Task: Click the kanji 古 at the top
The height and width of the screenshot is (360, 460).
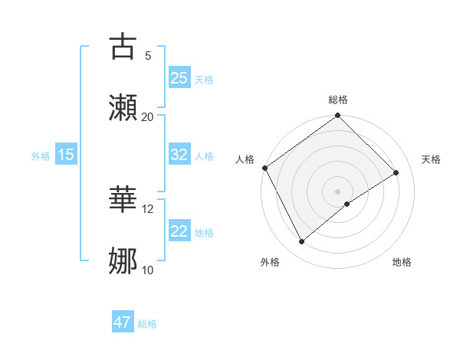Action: tap(123, 46)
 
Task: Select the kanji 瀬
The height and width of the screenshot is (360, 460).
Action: tap(123, 106)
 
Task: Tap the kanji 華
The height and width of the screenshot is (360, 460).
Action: tap(123, 200)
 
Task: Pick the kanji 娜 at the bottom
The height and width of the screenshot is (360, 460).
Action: tap(123, 260)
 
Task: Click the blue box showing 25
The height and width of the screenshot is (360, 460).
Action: tap(179, 78)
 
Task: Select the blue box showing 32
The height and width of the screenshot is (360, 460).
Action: tap(179, 155)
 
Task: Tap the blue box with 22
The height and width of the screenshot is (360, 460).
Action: tap(179, 231)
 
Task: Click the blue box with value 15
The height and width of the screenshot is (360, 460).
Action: tap(66, 155)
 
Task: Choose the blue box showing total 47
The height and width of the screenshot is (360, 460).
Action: tap(123, 322)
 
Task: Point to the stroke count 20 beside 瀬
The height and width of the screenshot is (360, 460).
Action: tap(148, 116)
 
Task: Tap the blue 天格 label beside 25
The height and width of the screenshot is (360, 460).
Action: tap(204, 79)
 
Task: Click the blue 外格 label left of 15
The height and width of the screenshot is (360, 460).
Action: tap(41, 155)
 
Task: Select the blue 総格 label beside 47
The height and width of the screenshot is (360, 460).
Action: tap(147, 323)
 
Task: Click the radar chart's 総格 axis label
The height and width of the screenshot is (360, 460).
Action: tap(338, 100)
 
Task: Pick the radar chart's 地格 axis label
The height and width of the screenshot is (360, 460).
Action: tap(402, 262)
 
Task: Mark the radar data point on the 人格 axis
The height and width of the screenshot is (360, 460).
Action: tap(264, 168)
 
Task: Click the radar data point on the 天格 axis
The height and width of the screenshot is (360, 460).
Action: tap(396, 172)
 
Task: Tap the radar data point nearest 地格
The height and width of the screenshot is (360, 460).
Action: tap(347, 204)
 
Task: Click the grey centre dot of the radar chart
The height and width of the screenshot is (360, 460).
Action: tap(338, 191)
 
